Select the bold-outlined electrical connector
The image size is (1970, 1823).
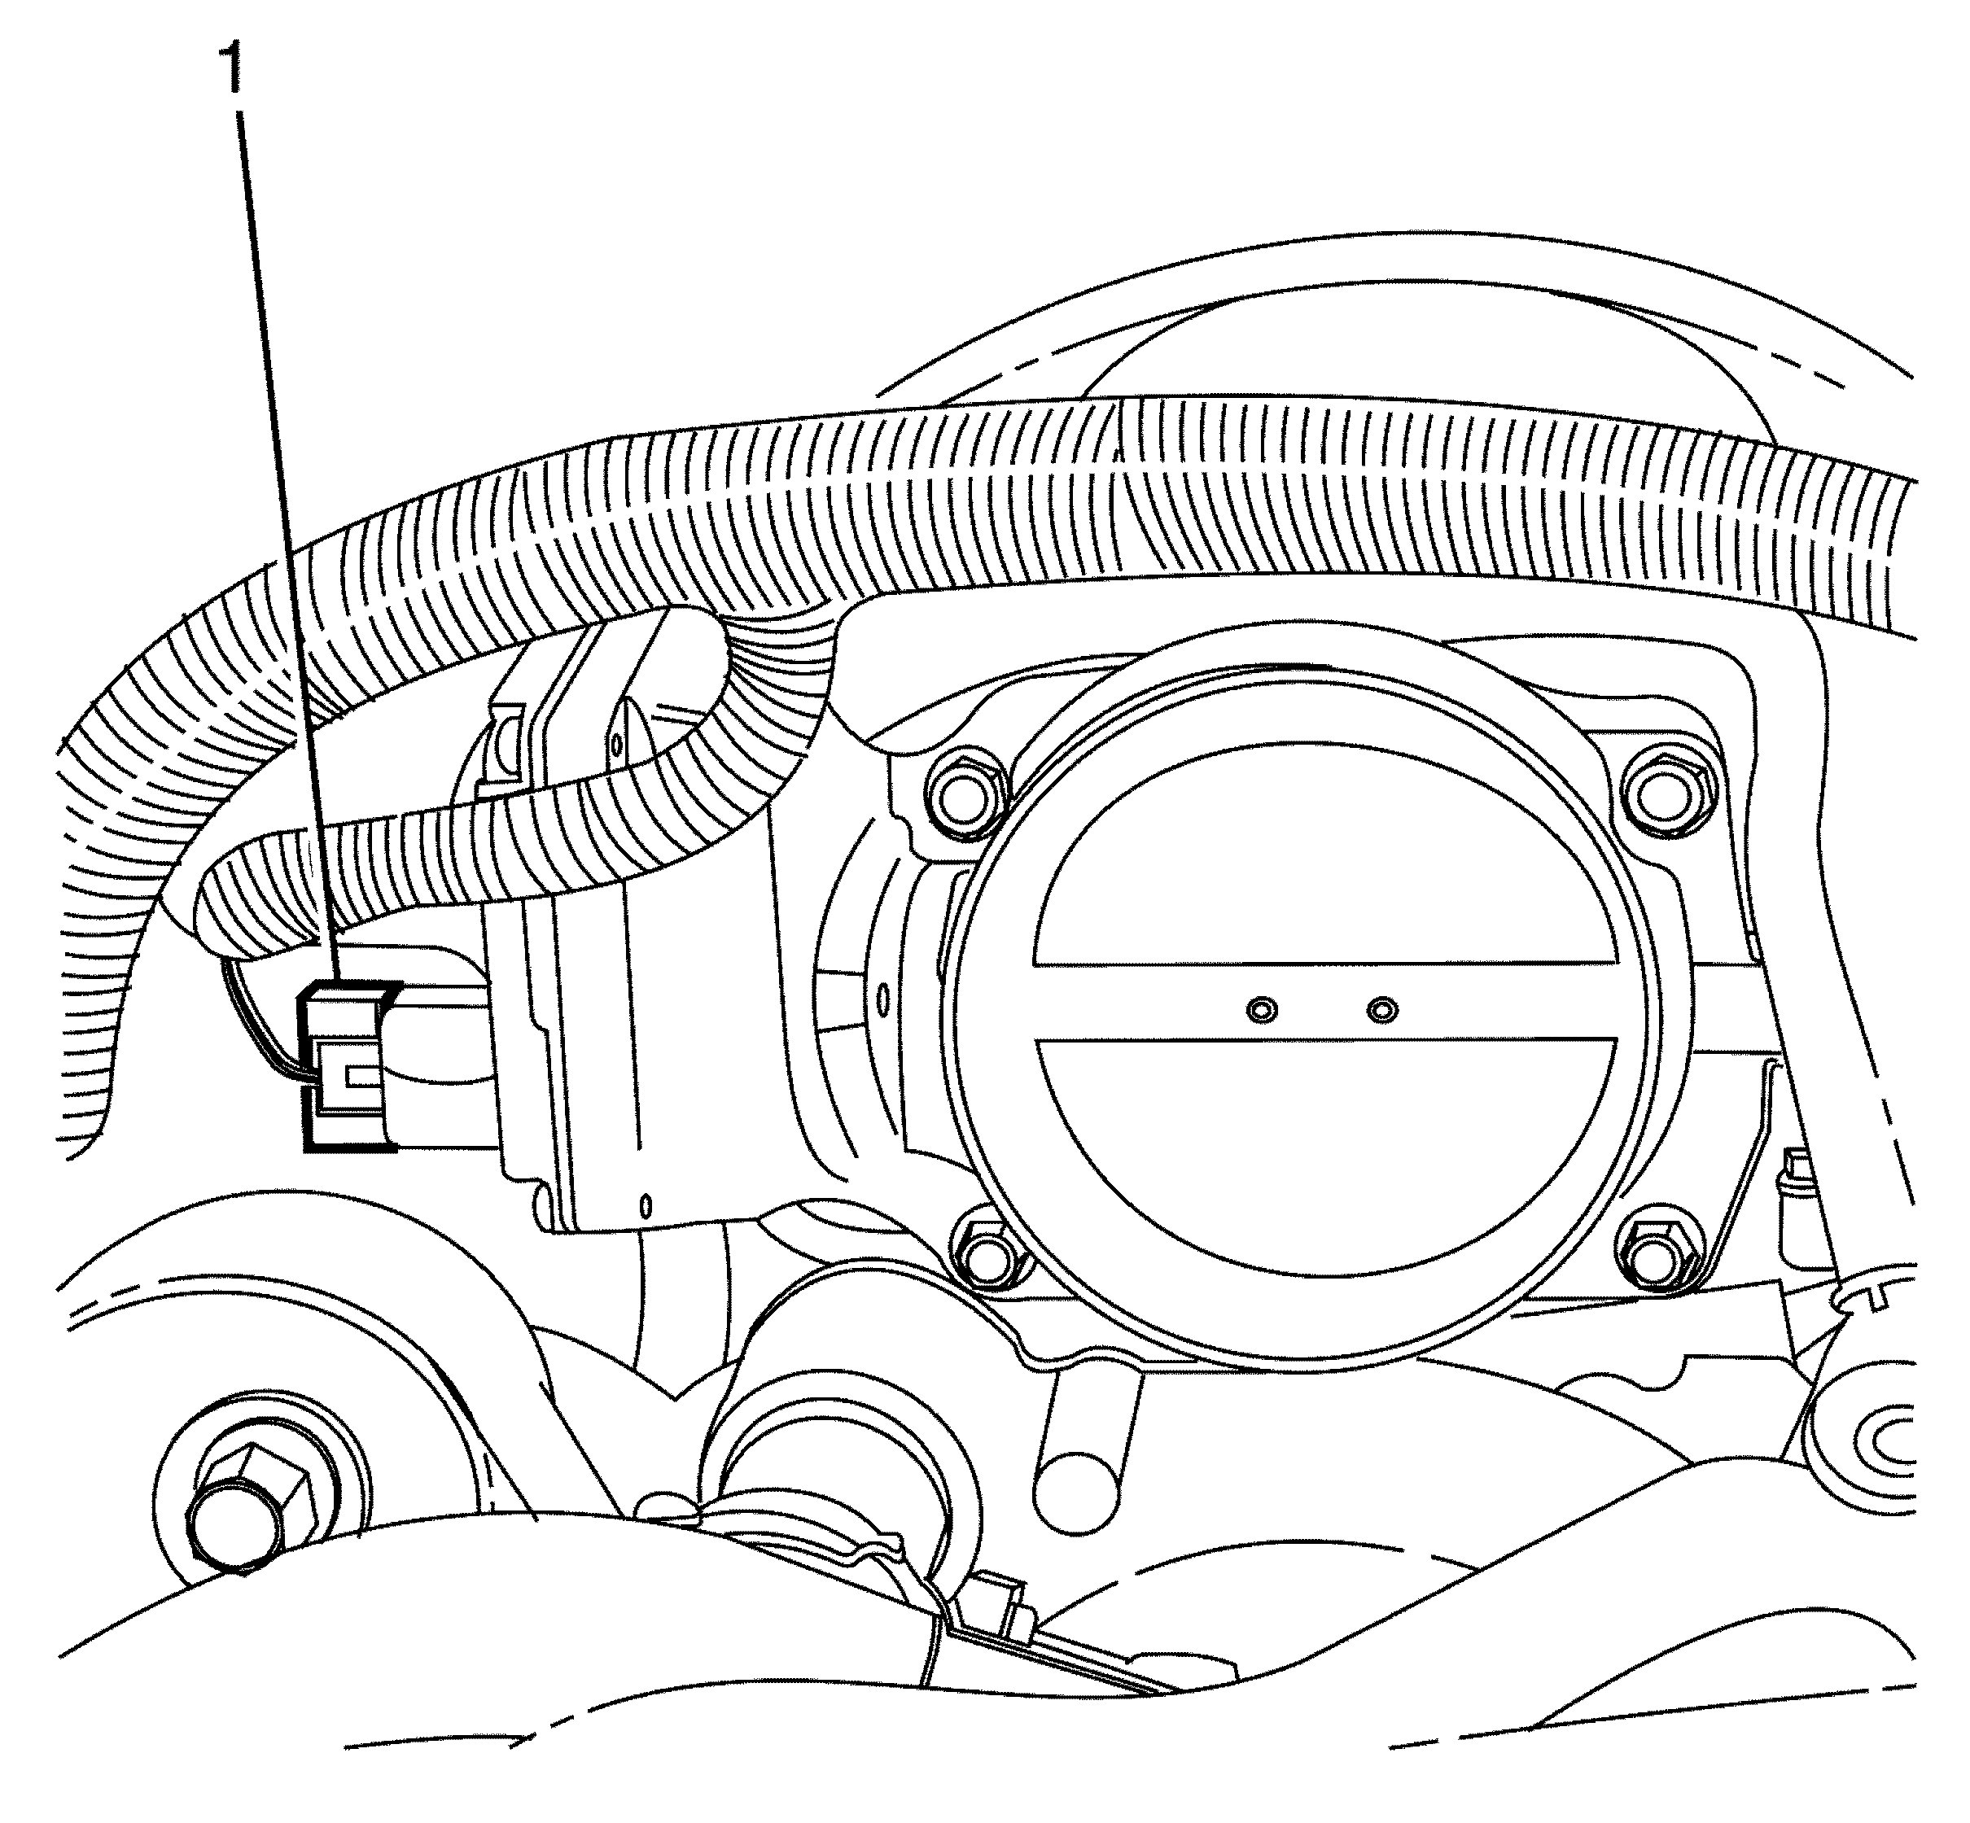348,1065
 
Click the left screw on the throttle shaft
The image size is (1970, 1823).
1262,1010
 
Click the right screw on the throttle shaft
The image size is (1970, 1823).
1383,1009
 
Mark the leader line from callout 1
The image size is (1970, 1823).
286,543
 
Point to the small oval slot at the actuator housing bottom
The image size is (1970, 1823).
646,1205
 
